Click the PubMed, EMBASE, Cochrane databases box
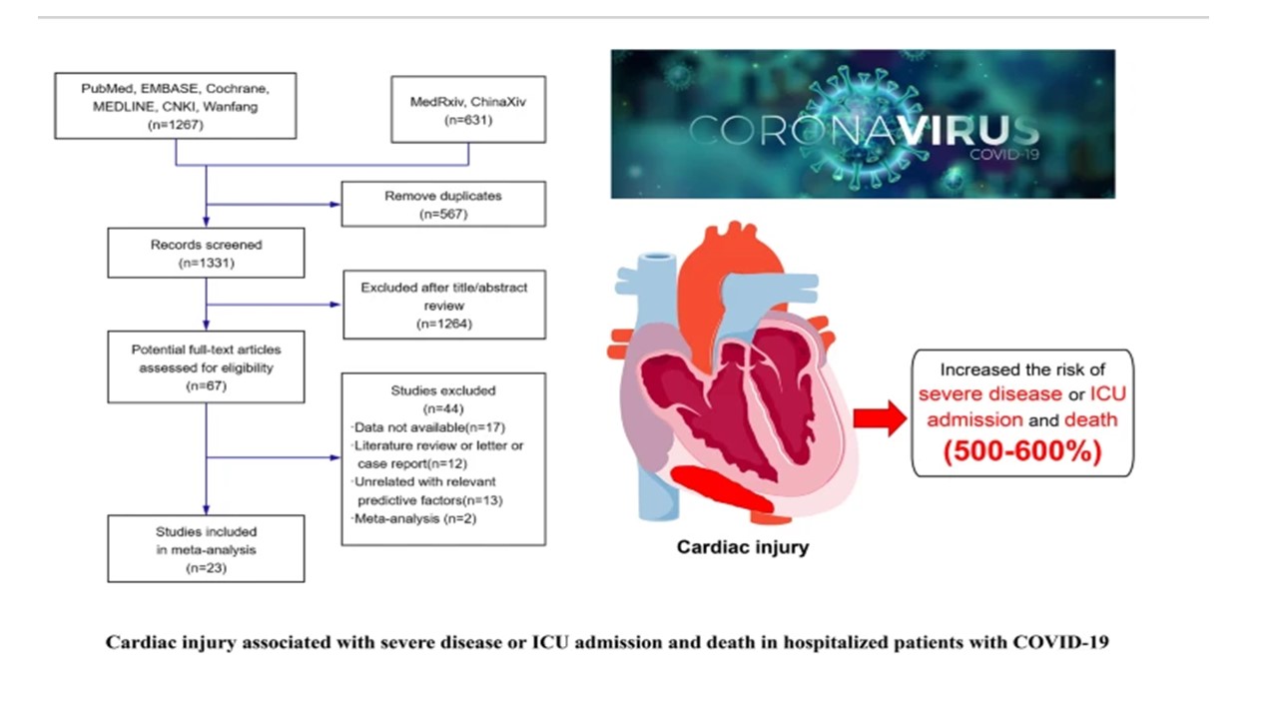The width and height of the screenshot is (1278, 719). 176,105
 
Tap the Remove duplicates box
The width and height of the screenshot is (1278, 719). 443,204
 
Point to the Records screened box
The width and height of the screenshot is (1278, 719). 206,254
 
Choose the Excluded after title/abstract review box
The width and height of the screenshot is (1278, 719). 443,305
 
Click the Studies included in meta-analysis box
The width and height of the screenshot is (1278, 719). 206,549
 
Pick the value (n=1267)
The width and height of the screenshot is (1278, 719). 176,125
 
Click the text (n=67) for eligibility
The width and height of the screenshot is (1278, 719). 206,384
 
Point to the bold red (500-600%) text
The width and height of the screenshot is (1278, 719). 1021,451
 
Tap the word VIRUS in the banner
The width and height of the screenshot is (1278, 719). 964,131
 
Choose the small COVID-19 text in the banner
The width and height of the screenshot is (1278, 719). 1003,156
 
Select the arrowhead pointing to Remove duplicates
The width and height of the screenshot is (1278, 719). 334,204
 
